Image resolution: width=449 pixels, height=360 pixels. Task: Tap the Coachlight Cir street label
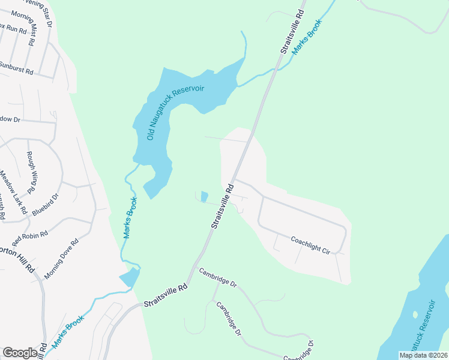pyautogui.click(x=310, y=245)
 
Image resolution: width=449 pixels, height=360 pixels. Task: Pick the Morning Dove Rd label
pyautogui.click(x=62, y=259)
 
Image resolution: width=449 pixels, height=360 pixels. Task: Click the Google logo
pyautogui.click(x=20, y=353)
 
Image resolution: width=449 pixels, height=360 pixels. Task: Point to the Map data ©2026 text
pyautogui.click(x=423, y=355)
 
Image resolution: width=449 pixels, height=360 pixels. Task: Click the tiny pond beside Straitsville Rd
pyautogui.click(x=203, y=196)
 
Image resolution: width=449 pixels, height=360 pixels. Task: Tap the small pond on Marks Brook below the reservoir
pyautogui.click(x=129, y=277)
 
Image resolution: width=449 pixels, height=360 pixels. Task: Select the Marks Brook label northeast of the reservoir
pyautogui.click(x=307, y=37)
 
